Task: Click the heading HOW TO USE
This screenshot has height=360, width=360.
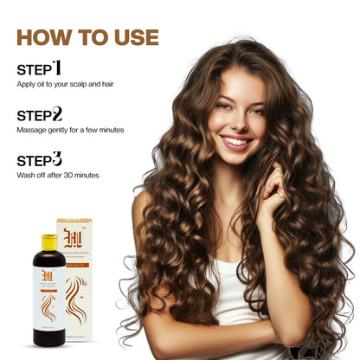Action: pos(87,37)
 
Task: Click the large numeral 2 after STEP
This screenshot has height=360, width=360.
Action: pos(57,113)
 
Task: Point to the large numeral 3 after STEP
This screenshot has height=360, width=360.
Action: pos(57,159)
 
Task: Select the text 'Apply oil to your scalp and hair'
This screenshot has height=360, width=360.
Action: pos(64,84)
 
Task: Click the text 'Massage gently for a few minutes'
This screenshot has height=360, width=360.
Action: pos(69,130)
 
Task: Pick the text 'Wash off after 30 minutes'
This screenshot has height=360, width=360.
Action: pos(58,175)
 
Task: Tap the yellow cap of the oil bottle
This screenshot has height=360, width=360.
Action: pos(48,241)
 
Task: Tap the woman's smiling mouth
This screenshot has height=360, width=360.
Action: pos(235,140)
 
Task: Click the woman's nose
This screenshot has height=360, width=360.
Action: pos(234,121)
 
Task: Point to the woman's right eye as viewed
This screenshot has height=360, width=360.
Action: pos(256,111)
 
